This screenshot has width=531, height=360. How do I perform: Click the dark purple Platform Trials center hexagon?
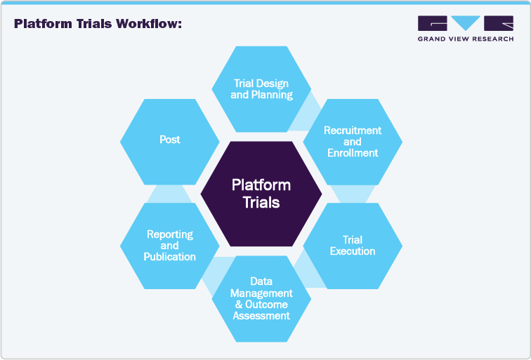(261, 194)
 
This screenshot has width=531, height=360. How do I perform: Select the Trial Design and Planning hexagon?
(261, 89)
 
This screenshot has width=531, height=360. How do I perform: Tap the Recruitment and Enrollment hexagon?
(352, 141)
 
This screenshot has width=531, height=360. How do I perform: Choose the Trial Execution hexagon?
(352, 246)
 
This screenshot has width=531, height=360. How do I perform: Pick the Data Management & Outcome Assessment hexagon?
(261, 298)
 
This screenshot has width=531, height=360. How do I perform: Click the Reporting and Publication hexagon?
(169, 246)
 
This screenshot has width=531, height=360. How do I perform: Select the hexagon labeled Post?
(169, 140)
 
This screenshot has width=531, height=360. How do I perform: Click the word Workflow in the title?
(149, 24)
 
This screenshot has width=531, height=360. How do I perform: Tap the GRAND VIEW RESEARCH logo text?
(465, 39)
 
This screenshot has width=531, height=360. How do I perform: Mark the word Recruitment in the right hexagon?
(353, 131)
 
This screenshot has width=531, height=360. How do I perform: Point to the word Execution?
(353, 251)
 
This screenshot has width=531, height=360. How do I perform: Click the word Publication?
(169, 257)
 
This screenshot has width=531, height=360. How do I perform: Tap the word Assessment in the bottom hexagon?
(261, 316)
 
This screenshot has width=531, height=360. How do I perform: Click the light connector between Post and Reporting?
(169, 194)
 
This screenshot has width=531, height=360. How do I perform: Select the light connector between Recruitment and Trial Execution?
(353, 194)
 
